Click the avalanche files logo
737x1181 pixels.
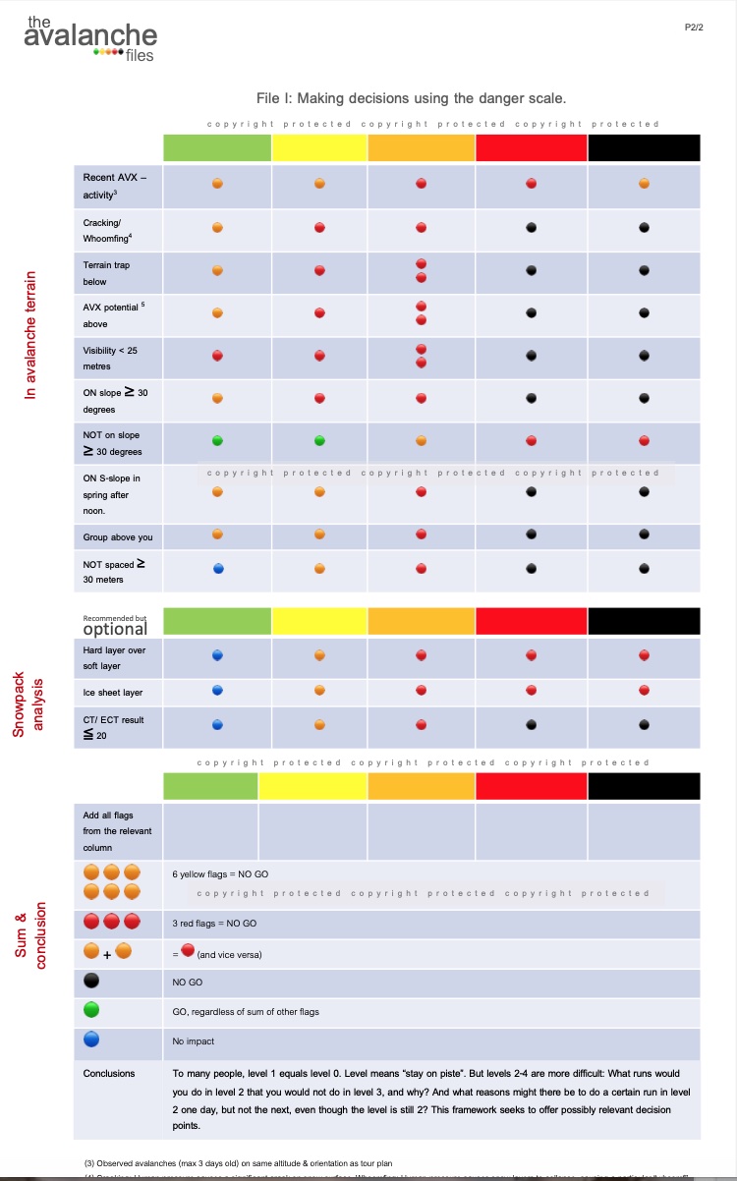pyautogui.click(x=90, y=38)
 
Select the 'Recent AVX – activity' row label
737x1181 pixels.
pyautogui.click(x=115, y=186)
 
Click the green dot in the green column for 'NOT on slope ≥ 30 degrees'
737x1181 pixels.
pyautogui.click(x=217, y=440)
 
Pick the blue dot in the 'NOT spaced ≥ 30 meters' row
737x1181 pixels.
pyautogui.click(x=217, y=568)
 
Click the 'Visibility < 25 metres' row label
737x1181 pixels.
pyautogui.click(x=112, y=358)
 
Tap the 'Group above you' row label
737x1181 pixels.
pyautogui.click(x=118, y=537)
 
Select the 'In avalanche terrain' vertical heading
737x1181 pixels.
pyautogui.click(x=31, y=334)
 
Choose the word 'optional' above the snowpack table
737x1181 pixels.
pyautogui.click(x=115, y=628)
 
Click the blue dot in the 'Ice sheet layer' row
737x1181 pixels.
pyautogui.click(x=217, y=691)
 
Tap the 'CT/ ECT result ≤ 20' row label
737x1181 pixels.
pyautogui.click(x=113, y=726)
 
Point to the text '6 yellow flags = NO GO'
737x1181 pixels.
pyautogui.click(x=220, y=873)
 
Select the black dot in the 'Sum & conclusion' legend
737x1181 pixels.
pyautogui.click(x=91, y=981)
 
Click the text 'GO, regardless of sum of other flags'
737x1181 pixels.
pyautogui.click(x=245, y=1011)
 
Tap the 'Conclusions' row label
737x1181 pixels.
pyautogui.click(x=109, y=1073)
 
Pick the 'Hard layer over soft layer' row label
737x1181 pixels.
pyautogui.click(x=114, y=657)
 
